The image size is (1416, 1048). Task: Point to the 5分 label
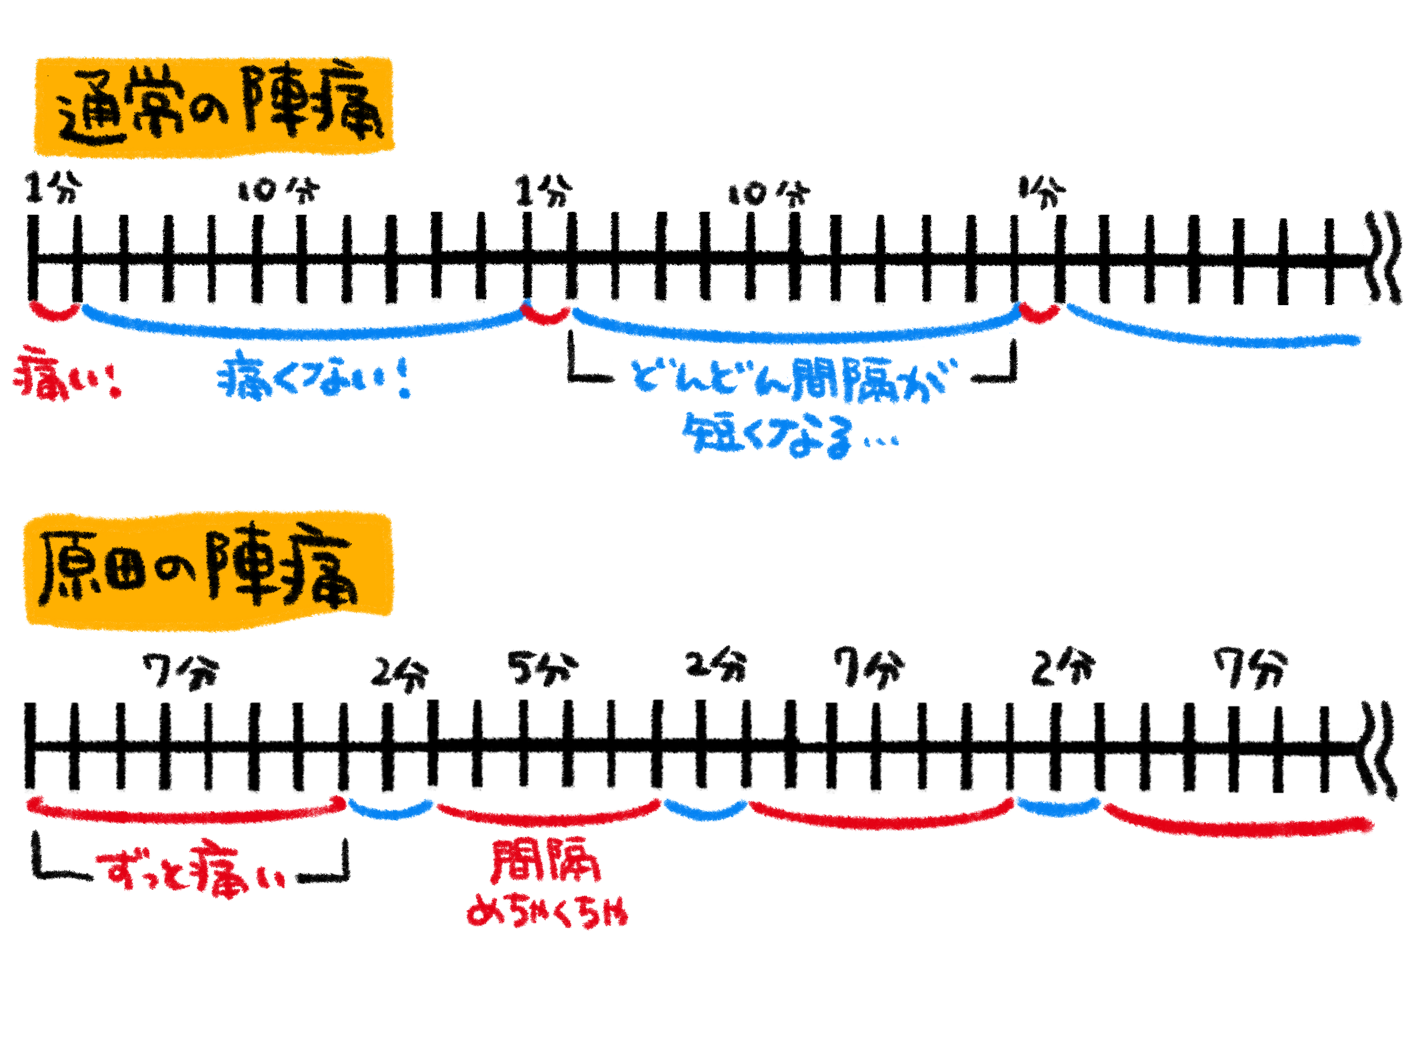click(542, 668)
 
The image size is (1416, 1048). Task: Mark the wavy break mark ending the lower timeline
click(1381, 749)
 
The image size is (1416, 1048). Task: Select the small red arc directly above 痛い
click(55, 312)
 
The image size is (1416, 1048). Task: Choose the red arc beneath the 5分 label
click(548, 817)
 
